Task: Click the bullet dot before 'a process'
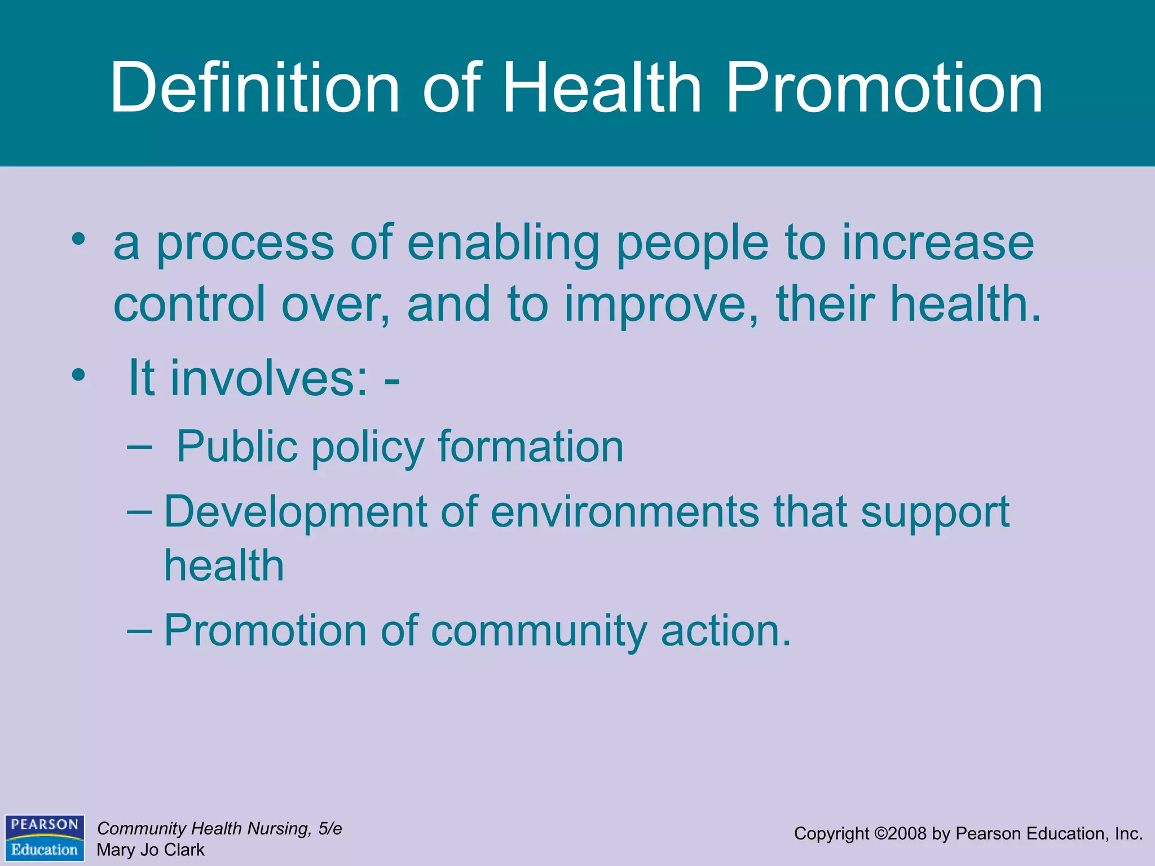[x=78, y=239]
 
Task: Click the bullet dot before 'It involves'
[x=78, y=374]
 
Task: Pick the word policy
[x=367, y=448]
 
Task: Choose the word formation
[x=531, y=447]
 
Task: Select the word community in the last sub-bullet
[x=539, y=631]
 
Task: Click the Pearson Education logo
[x=45, y=837]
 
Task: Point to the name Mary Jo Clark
[x=151, y=850]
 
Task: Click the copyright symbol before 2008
[x=881, y=833]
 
